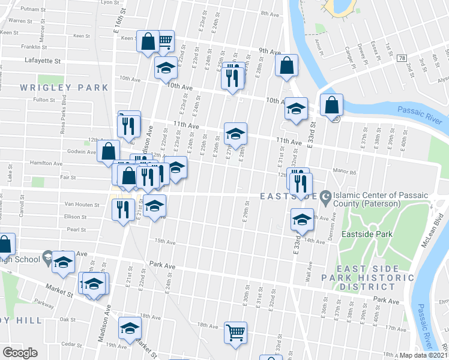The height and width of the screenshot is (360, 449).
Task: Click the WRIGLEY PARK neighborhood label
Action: pos(64,88)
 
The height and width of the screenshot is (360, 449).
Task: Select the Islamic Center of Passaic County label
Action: pos(367,199)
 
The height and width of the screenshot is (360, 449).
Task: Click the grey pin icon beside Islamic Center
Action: pos(326,196)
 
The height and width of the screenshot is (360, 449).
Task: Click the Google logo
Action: pos(20,353)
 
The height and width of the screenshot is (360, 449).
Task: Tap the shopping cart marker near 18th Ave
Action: pos(236,332)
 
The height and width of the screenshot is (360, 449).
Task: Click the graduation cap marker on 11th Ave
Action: pos(235,134)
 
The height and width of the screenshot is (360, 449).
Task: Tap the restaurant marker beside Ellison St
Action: pos(122,209)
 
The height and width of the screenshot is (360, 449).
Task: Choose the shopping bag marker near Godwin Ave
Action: pos(108,151)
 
